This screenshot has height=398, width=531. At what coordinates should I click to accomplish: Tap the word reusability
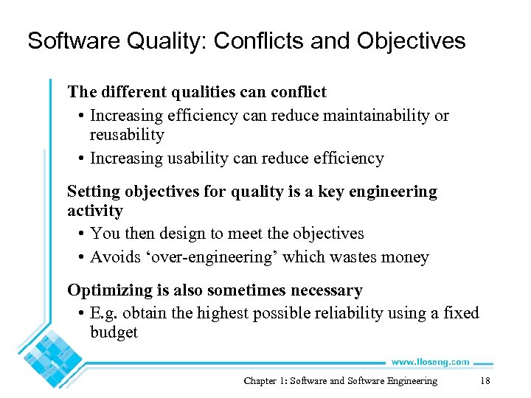(x=127, y=135)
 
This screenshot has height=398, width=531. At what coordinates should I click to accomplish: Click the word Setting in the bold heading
(x=94, y=192)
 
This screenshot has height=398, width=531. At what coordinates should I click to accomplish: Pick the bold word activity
(x=95, y=211)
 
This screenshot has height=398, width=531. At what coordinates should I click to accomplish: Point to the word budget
(x=114, y=332)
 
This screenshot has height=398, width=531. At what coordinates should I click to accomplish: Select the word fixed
(x=461, y=313)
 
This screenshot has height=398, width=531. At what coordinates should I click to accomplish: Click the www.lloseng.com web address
(x=430, y=362)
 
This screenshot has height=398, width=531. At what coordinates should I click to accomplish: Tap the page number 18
(x=485, y=381)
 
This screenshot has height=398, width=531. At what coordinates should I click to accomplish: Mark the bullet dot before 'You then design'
(x=80, y=234)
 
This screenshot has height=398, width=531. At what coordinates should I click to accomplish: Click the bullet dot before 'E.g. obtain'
(x=80, y=314)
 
